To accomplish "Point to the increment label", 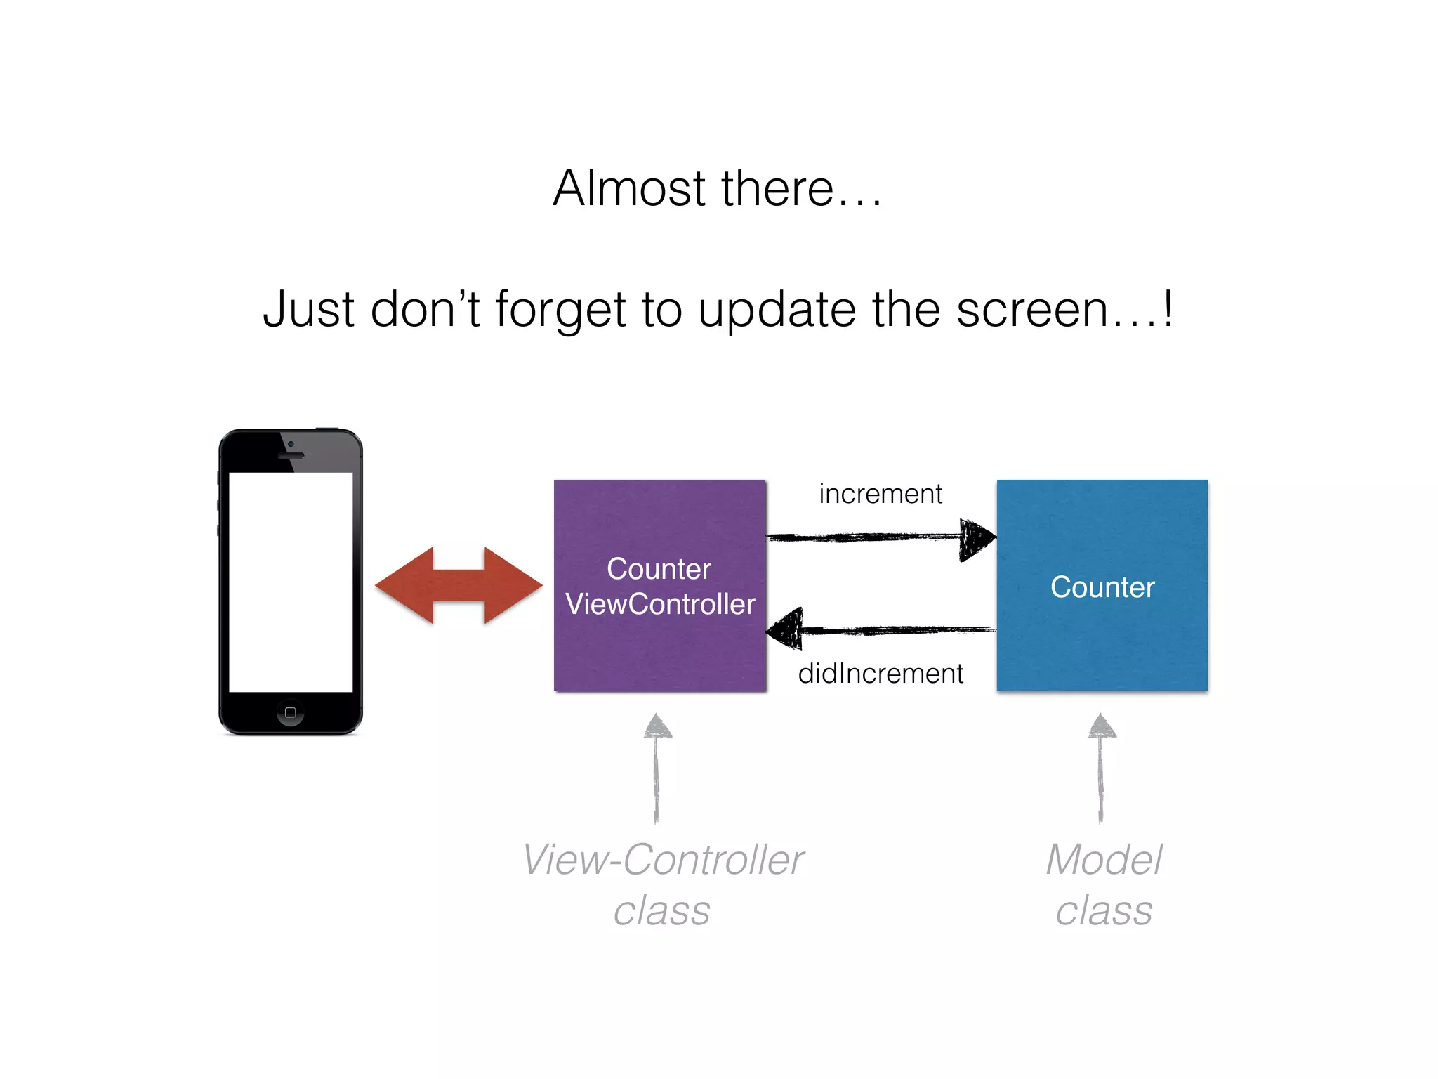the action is [880, 494].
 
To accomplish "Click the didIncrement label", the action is [880, 674].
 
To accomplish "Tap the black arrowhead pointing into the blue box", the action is [976, 539].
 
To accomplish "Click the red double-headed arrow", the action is [459, 585].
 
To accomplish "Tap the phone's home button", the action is [291, 712].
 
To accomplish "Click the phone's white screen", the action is [291, 582].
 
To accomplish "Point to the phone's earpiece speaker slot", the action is [291, 455].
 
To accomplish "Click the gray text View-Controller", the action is [663, 860].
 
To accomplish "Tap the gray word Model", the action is [1104, 860].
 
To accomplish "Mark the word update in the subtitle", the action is [777, 310].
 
